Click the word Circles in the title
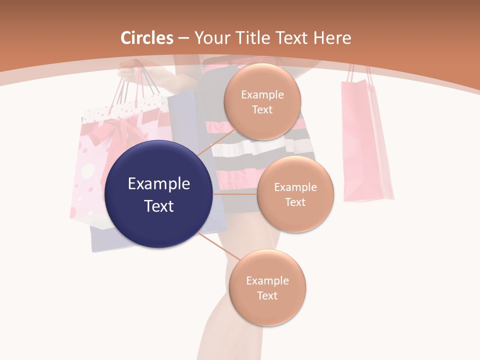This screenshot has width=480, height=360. [x=147, y=38]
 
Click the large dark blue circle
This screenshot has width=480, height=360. [x=159, y=194]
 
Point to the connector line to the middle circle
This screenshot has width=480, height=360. [x=235, y=194]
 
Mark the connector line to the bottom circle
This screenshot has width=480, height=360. [x=220, y=246]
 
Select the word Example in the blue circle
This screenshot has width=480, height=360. [x=159, y=184]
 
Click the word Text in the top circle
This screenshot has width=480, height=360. [x=262, y=110]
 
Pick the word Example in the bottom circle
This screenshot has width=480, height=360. [x=267, y=280]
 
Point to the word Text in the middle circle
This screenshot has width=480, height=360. [x=295, y=202]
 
